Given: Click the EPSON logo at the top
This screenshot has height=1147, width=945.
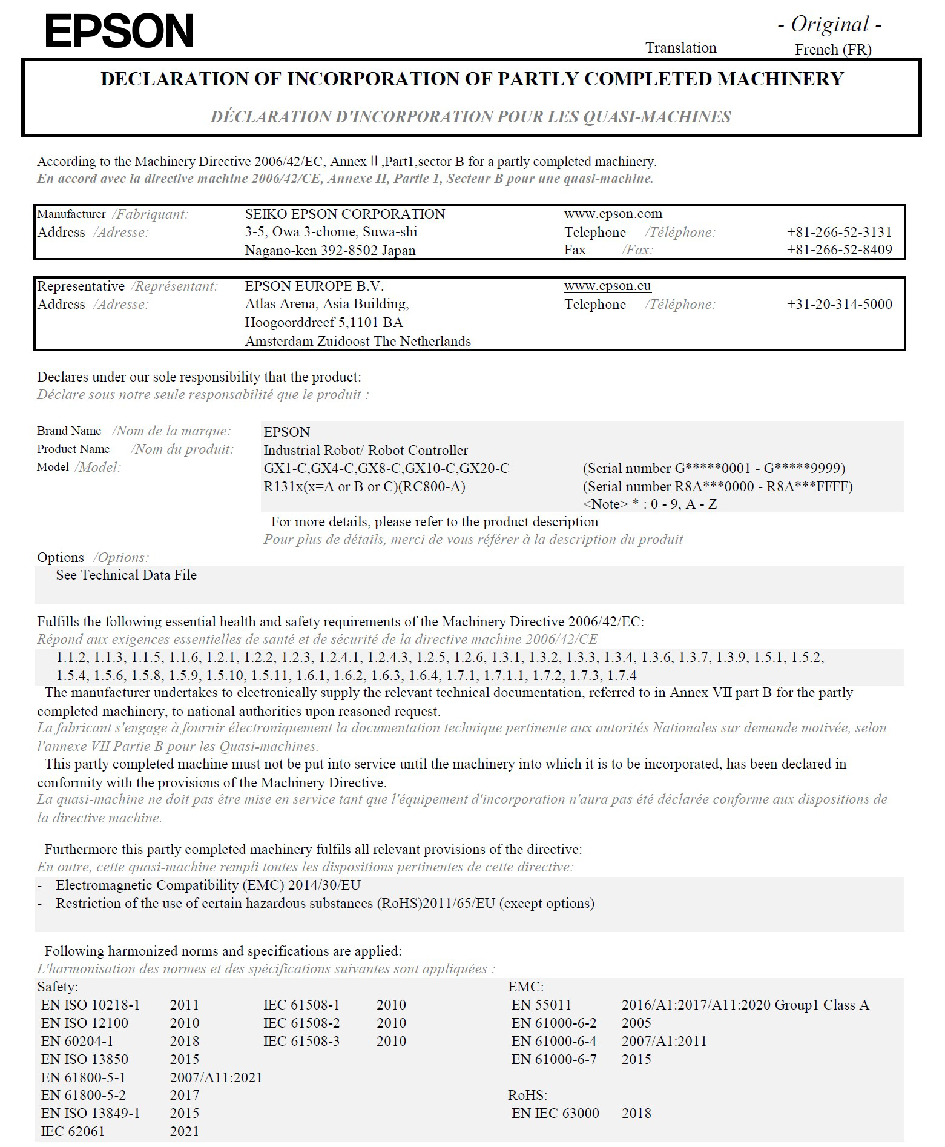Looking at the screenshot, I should click(x=119, y=31).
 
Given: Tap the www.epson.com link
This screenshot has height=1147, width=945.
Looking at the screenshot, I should click(x=613, y=214).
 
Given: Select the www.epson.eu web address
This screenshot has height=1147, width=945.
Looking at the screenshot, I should click(x=607, y=286).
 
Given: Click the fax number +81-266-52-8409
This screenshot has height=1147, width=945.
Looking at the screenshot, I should click(x=839, y=250).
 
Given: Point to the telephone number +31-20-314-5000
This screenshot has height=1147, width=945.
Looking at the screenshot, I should click(x=839, y=304).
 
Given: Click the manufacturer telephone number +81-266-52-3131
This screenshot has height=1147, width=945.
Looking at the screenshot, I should click(x=839, y=232).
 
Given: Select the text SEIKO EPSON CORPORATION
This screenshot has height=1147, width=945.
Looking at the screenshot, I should click(x=344, y=214).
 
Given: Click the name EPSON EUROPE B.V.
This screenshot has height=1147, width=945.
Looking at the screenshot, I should click(x=314, y=286).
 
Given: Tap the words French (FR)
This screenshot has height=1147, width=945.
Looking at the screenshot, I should click(x=833, y=50).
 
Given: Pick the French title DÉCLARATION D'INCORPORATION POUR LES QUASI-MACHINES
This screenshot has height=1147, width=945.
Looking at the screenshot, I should click(x=470, y=117).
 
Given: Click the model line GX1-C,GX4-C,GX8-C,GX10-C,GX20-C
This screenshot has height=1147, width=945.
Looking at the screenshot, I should click(x=386, y=468).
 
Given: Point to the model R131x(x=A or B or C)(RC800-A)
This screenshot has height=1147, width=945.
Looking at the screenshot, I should click(x=364, y=486).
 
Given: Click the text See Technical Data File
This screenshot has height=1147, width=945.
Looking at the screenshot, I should click(x=126, y=575).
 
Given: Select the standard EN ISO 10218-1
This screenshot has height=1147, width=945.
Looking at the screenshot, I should click(x=90, y=1005).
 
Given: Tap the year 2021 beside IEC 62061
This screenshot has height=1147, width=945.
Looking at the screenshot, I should click(x=184, y=1131).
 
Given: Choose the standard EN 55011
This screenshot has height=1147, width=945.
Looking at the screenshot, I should click(x=541, y=1005).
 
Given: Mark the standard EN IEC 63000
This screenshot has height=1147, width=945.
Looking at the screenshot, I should click(x=555, y=1113).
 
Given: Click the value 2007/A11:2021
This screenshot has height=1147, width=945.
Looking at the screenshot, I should click(x=216, y=1077).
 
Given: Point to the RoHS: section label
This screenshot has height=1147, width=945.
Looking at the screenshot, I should click(x=527, y=1095).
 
